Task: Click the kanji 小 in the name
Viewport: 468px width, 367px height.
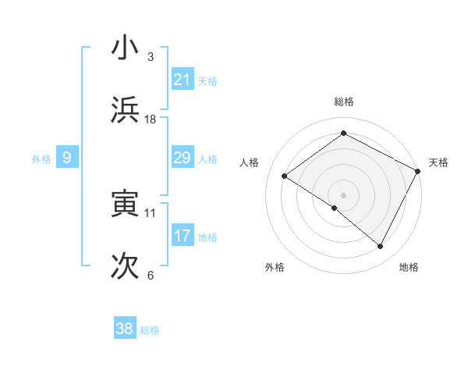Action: (x=125, y=48)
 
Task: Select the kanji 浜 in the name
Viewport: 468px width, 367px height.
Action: (x=125, y=110)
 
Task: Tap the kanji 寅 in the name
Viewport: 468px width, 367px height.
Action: (x=125, y=204)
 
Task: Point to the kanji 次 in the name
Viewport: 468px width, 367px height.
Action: (x=125, y=266)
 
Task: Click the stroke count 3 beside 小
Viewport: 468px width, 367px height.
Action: (x=151, y=56)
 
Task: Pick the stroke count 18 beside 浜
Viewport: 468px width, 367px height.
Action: (x=151, y=119)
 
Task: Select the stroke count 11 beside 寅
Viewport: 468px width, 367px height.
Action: (x=151, y=212)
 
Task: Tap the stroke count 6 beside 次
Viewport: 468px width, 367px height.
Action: (x=151, y=275)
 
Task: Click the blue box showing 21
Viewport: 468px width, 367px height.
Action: (x=182, y=80)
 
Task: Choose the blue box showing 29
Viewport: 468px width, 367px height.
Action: (x=182, y=158)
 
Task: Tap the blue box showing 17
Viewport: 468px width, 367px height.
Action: (x=182, y=236)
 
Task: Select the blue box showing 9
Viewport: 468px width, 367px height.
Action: (x=67, y=158)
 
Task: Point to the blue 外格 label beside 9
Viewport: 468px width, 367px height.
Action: (x=41, y=159)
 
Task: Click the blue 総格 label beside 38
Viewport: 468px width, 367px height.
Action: (x=150, y=330)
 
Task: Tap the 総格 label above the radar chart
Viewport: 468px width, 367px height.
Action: (x=343, y=102)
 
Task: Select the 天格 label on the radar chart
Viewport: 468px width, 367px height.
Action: (x=438, y=162)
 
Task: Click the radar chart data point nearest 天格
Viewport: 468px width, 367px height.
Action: (x=418, y=170)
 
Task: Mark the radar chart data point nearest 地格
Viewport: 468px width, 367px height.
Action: (x=381, y=247)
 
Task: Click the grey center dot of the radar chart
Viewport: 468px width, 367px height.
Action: (x=343, y=194)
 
